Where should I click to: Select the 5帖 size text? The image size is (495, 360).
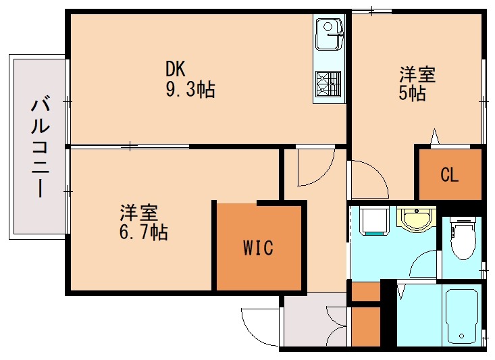[412, 93]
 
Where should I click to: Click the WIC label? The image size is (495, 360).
[258, 248]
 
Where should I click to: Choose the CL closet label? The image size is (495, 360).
[449, 175]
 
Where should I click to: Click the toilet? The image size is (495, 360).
[462, 240]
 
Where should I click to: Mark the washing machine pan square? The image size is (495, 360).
[372, 220]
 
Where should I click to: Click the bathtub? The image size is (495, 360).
[462, 313]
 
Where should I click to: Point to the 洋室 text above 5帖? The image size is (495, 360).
[417, 74]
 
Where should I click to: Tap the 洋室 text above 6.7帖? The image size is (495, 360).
[139, 213]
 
